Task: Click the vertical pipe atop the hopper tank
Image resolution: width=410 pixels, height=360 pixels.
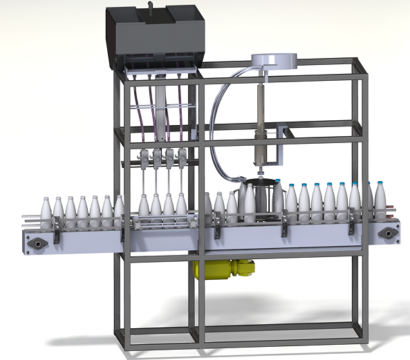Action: point(148,8)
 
